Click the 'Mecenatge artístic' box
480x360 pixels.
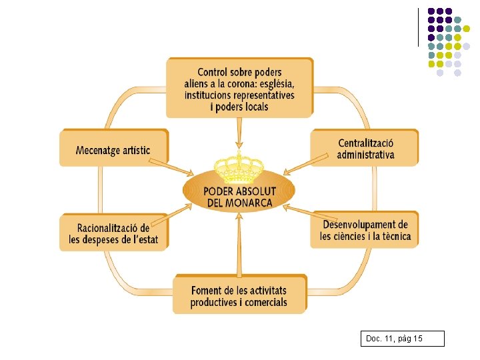(113, 148)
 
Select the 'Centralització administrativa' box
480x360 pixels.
(365, 148)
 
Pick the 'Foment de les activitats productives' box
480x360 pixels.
(239, 295)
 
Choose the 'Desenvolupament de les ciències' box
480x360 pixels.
(365, 230)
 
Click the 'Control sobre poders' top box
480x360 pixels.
(239, 89)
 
